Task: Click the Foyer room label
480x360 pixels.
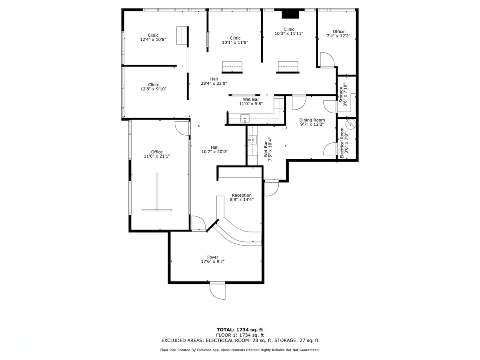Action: (x=213, y=257)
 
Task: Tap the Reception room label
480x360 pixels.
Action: (x=242, y=195)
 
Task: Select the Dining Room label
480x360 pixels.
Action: (x=312, y=120)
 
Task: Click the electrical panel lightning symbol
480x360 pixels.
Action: (x=350, y=124)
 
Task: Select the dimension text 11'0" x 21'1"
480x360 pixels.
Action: (x=157, y=156)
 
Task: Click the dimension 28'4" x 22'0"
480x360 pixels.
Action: (x=214, y=84)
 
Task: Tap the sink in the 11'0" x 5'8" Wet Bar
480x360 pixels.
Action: (x=245, y=118)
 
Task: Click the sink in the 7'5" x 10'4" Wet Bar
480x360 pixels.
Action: (x=252, y=140)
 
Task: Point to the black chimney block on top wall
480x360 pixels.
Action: (x=290, y=14)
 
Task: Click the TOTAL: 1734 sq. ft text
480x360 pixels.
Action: (x=240, y=330)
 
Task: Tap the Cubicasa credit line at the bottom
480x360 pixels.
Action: (x=240, y=350)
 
